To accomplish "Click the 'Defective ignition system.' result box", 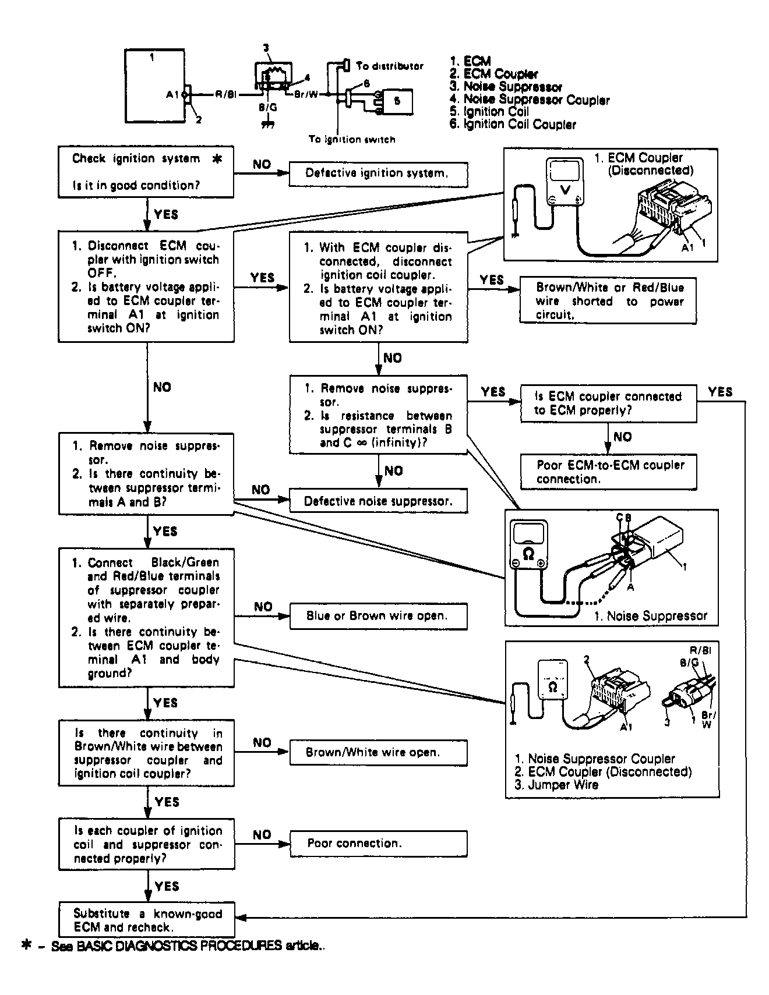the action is [378, 174].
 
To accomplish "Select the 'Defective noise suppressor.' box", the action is [378, 501].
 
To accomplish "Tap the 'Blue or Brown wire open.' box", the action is [378, 617].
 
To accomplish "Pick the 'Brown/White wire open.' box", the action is [378, 752].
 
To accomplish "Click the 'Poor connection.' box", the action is [378, 844].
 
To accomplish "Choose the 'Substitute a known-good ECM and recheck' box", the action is [146, 920].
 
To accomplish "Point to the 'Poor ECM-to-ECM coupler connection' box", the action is [608, 472].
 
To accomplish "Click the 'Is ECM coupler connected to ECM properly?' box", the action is [608, 403].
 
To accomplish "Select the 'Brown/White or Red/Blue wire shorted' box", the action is [608, 300].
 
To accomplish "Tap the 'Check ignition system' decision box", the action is [146, 172].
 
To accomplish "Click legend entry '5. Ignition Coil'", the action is [489, 111].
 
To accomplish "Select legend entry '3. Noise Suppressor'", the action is [506, 87].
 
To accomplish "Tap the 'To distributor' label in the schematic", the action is [390, 66].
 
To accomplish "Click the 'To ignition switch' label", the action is [352, 139].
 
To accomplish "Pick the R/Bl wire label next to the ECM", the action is [225, 94].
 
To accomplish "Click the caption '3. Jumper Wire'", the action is [556, 784].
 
